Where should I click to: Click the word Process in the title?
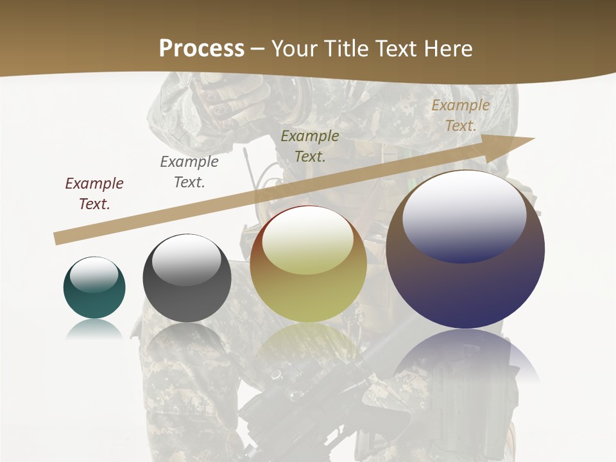(x=201, y=49)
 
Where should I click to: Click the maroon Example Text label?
(x=94, y=194)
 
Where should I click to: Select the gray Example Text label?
(x=189, y=172)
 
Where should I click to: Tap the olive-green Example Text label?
(x=310, y=146)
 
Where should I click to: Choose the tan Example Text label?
(x=461, y=116)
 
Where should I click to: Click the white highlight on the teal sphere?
(x=94, y=275)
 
